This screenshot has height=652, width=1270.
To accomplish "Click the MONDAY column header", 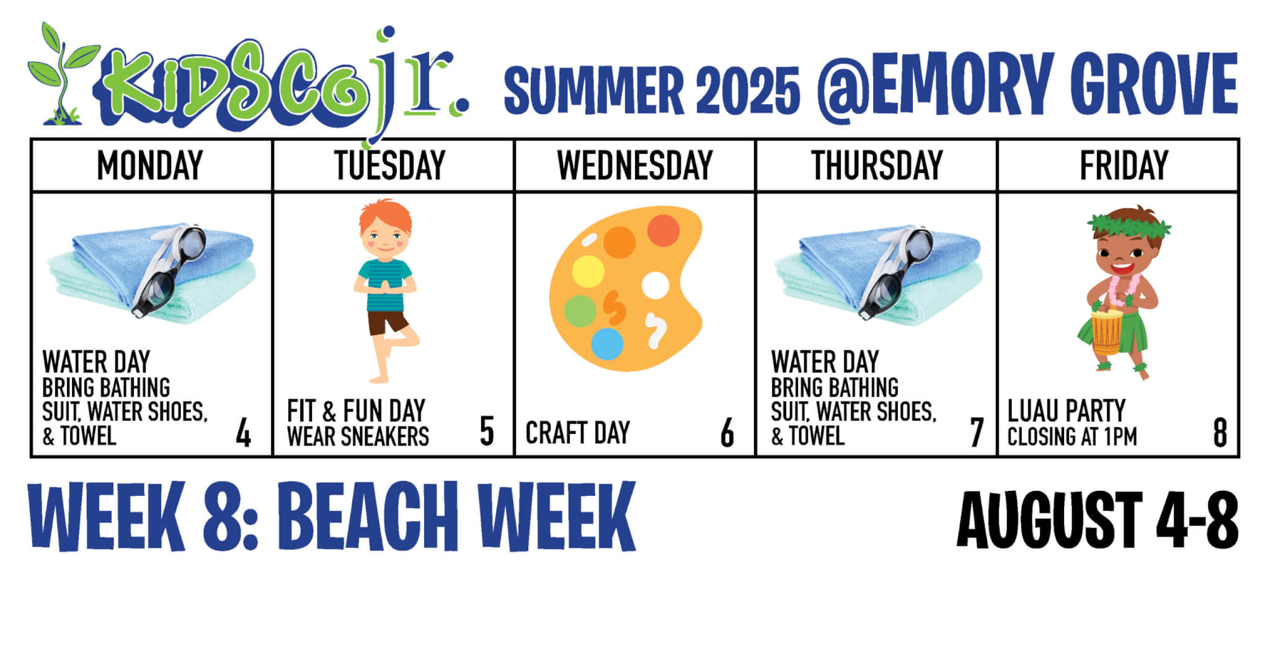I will (150, 165).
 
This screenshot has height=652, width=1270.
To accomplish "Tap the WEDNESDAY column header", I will (635, 165).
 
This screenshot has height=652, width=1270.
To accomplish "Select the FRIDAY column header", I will (1124, 165).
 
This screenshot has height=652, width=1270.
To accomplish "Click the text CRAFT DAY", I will (577, 433).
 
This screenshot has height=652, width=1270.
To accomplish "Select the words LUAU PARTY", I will (1066, 410).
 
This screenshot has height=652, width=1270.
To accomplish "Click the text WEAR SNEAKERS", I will (358, 436).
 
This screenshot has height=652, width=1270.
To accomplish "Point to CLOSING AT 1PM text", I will (1072, 436).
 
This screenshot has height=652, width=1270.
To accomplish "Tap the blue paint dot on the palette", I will (606, 344).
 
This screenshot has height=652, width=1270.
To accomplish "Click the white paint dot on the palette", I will (655, 286).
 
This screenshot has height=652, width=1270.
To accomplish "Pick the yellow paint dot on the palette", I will (588, 272).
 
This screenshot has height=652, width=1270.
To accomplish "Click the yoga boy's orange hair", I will (386, 214).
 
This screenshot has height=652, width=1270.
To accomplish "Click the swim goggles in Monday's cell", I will (171, 270).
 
